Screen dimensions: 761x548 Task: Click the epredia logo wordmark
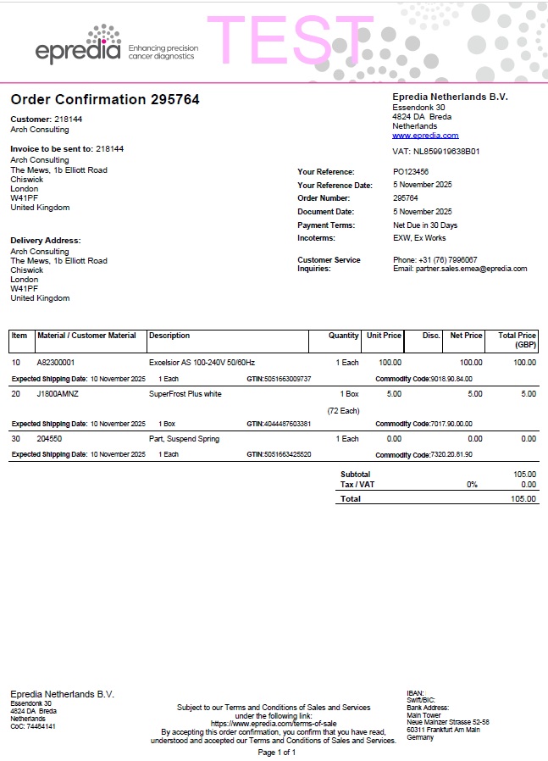(78, 51)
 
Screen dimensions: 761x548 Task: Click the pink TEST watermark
(291, 41)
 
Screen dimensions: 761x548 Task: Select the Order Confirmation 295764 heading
(105, 100)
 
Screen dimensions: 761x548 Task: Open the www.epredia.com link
(425, 136)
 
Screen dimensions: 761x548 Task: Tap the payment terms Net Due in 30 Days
(425, 225)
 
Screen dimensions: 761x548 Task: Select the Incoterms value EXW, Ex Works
(419, 238)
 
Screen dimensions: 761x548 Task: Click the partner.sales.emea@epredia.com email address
(472, 269)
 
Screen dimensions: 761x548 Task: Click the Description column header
(169, 336)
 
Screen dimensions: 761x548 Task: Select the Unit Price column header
(384, 336)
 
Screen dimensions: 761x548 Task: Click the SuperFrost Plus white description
(185, 394)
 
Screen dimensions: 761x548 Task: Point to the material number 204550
(49, 439)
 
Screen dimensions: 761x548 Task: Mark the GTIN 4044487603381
(288, 424)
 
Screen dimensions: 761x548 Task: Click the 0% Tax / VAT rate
(472, 485)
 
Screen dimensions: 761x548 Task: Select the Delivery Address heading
(46, 241)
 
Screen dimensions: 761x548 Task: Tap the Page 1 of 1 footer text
(277, 752)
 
